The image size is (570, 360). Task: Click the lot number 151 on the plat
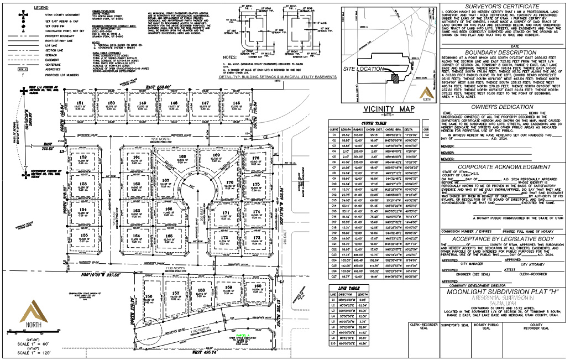coord(80,103)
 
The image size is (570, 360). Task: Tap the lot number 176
coord(255,158)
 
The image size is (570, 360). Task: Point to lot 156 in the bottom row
coord(149,296)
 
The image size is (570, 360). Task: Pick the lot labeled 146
coord(236,103)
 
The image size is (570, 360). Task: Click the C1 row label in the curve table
coord(334,134)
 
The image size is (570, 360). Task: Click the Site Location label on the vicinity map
coord(363,69)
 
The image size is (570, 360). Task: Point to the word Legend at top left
coord(41,8)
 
